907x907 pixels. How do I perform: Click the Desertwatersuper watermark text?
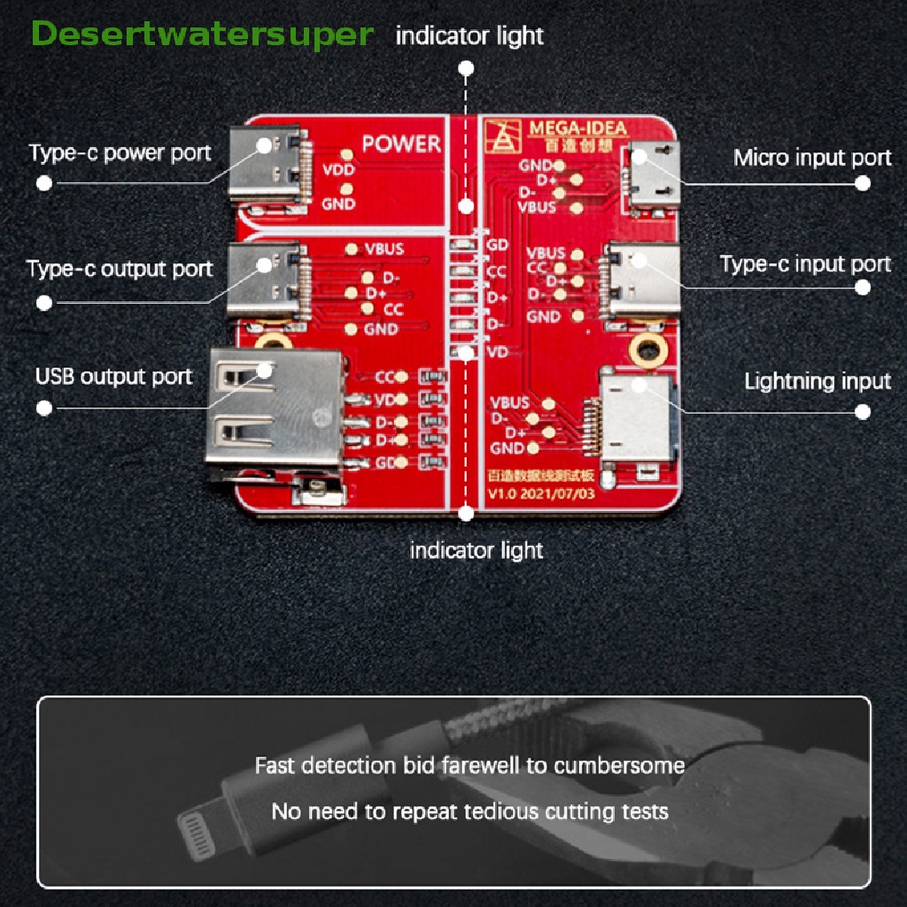202,35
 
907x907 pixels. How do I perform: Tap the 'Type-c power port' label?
120,153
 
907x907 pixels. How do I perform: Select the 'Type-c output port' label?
120,268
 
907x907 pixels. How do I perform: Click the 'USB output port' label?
113,376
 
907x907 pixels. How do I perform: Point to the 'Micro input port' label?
812,159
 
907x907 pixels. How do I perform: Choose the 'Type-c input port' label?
805,264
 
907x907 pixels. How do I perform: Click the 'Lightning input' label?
817,382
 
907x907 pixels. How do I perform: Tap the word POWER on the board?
400,143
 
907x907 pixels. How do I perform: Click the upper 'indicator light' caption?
469,36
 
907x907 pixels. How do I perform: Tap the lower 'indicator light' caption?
476,550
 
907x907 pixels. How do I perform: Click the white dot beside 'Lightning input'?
863,412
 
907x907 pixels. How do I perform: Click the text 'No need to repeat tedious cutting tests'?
469,810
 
